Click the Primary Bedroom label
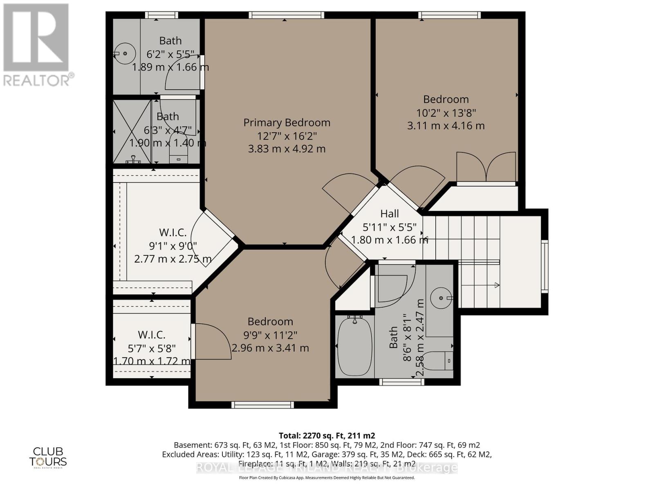tap(287, 122)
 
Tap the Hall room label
tap(390, 213)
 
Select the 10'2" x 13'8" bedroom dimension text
tap(446, 113)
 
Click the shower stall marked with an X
tap(132, 132)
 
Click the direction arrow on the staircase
tap(497, 285)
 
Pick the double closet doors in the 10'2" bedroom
tap(486, 167)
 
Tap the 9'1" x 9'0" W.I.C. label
tap(172, 232)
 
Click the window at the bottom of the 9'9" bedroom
tap(262, 405)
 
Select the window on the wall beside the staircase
tap(544, 266)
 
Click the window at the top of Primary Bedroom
tap(287, 15)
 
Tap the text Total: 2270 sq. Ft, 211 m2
tap(327, 435)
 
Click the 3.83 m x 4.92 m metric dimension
tap(287, 149)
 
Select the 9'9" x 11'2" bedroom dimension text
tap(270, 335)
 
